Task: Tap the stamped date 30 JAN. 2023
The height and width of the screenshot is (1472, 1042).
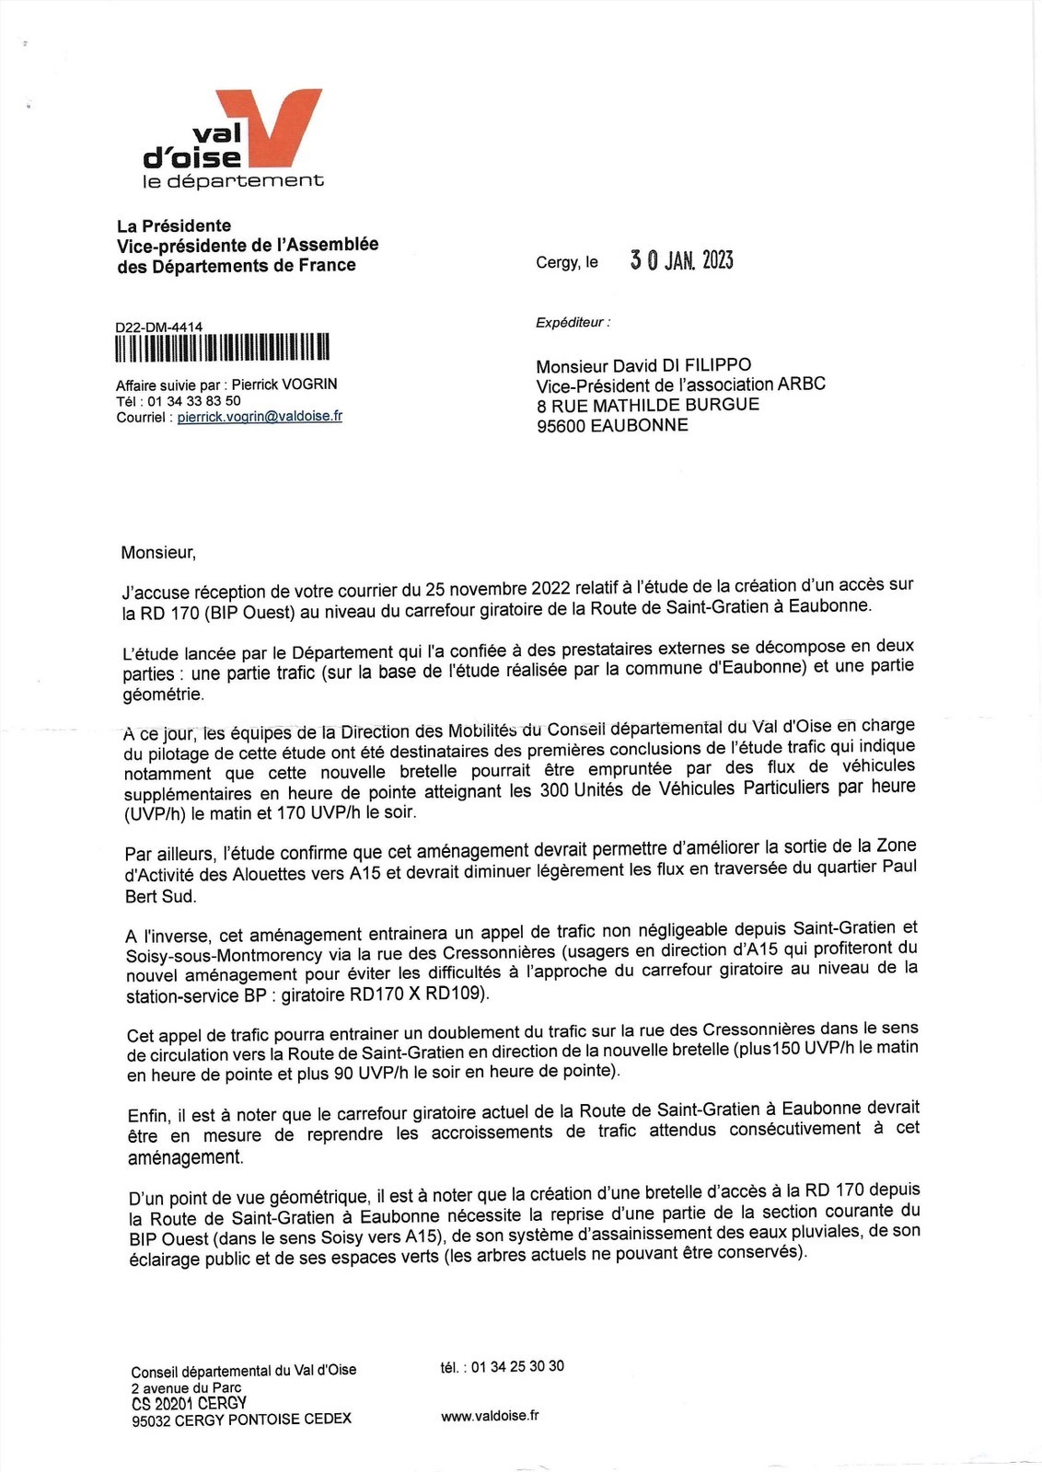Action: click(681, 260)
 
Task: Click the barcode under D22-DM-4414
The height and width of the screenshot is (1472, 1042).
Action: click(222, 348)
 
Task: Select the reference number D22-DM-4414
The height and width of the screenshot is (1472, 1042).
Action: click(159, 327)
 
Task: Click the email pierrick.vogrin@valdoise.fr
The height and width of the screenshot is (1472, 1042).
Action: click(260, 417)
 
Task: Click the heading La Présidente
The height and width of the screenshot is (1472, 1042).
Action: click(174, 225)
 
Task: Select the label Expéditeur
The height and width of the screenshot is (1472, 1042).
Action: click(572, 322)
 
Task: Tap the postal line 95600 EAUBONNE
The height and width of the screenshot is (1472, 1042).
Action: click(612, 425)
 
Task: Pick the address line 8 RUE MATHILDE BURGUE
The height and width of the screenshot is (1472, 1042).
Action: click(648, 405)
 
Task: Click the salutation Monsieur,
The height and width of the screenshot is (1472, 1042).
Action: click(158, 552)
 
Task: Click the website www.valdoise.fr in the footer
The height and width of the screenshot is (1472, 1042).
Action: click(490, 1416)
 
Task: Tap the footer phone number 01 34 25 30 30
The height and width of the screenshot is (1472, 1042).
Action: click(517, 1366)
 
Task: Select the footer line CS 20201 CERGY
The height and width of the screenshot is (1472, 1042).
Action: click(189, 1403)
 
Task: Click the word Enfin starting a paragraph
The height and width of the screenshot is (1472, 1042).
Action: click(147, 1115)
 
